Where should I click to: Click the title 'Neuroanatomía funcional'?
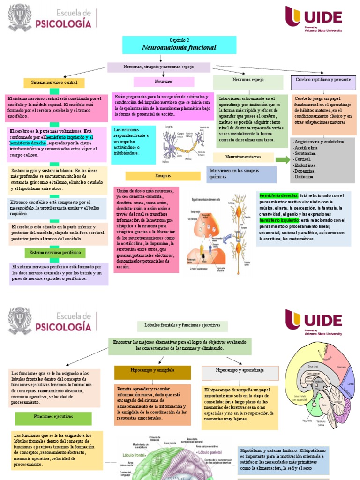coord(179,47)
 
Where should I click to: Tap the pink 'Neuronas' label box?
coord(164,82)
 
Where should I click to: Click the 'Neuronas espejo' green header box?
coord(248,80)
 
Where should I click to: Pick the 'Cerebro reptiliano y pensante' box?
coord(323,80)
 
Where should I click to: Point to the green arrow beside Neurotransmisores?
coord(282,159)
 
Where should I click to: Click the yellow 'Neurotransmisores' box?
coord(243,157)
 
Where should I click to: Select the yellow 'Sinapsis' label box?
coord(163,176)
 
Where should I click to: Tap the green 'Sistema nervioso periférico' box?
coord(55,253)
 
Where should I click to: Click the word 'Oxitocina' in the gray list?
coord(304,177)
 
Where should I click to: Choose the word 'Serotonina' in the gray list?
coord(305,153)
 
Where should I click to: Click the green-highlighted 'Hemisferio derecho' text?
coord(278,195)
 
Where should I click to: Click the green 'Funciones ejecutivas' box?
coord(53,416)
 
